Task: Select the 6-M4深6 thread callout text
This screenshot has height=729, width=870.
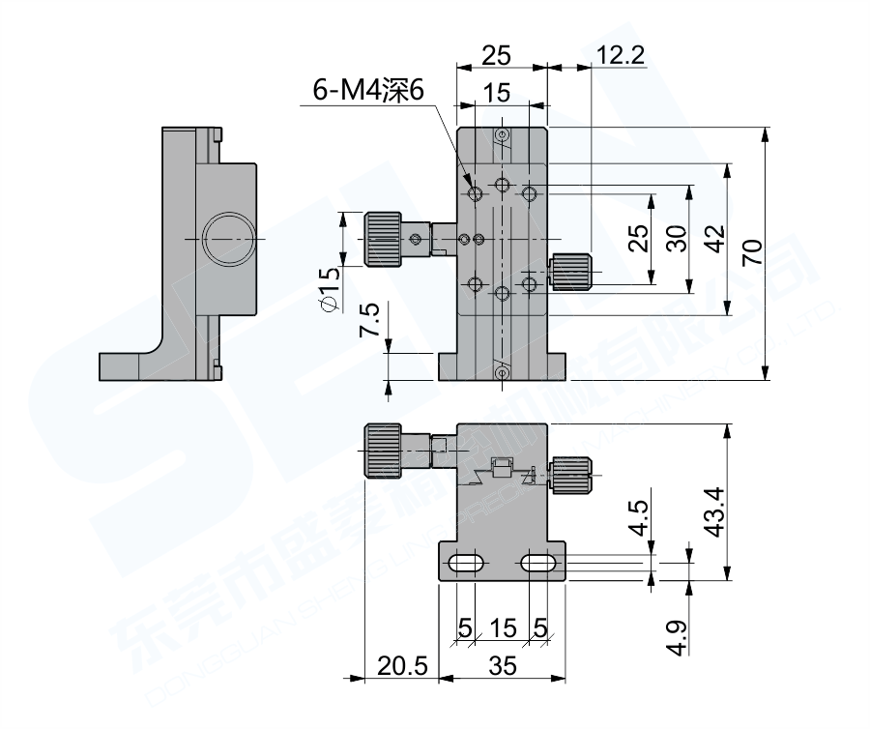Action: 368,92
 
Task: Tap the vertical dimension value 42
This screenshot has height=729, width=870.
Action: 713,240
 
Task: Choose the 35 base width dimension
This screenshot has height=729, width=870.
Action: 502,666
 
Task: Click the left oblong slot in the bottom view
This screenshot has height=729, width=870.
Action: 467,563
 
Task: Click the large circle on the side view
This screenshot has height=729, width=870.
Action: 229,238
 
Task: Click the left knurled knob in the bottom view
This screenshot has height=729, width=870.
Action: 383,451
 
